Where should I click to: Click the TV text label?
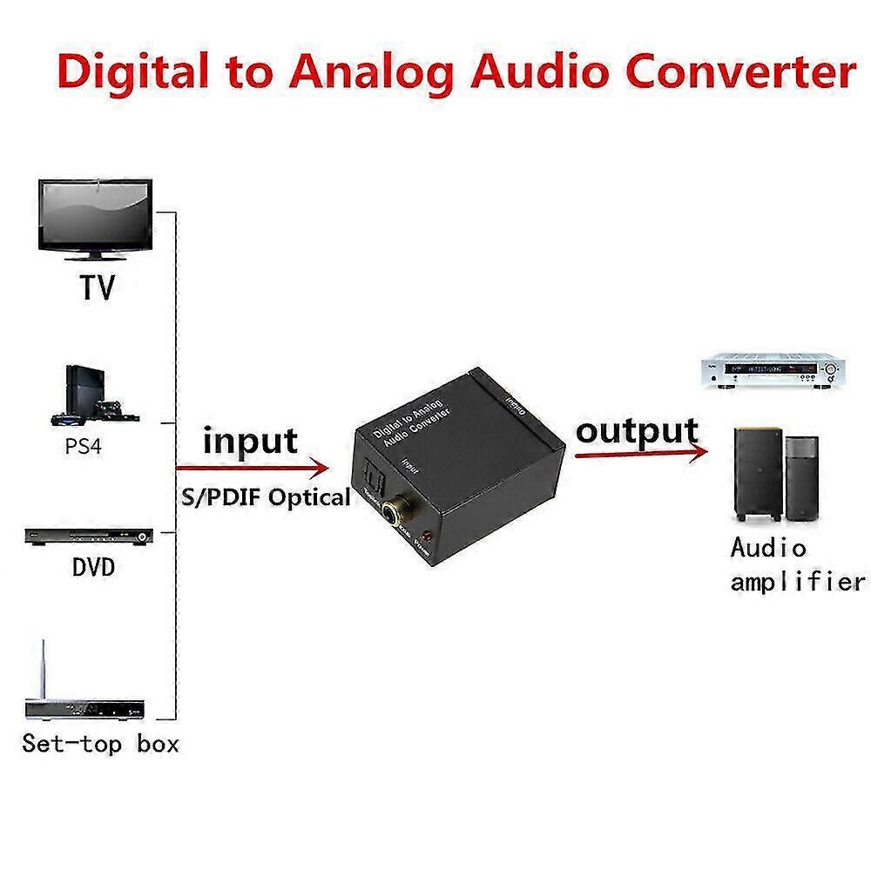pyautogui.click(x=98, y=288)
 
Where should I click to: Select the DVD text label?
pyautogui.click(x=93, y=569)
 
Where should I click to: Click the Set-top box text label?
pyautogui.click(x=100, y=744)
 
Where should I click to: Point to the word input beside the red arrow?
pyautogui.click(x=250, y=441)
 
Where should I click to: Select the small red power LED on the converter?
pyautogui.click(x=427, y=535)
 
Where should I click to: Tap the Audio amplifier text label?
pyautogui.click(x=795, y=564)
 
